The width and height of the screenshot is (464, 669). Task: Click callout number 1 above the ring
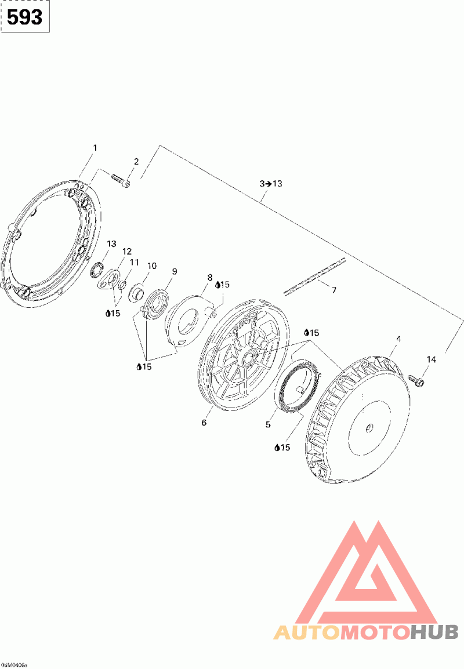pyautogui.click(x=95, y=148)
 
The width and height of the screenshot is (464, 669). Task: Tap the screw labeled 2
pyautogui.click(x=119, y=180)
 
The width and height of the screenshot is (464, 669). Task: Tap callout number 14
pyautogui.click(x=430, y=360)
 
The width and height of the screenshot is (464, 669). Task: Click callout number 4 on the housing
pyautogui.click(x=398, y=339)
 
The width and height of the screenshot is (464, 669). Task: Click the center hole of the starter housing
pyautogui.click(x=369, y=428)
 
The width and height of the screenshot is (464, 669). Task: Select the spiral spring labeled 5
pyautogui.click(x=296, y=386)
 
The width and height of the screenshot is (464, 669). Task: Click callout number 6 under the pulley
pyautogui.click(x=204, y=423)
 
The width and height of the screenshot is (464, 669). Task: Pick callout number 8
pyautogui.click(x=210, y=278)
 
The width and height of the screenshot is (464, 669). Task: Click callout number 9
pyautogui.click(x=174, y=271)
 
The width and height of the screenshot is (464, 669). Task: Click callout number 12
pyautogui.click(x=127, y=252)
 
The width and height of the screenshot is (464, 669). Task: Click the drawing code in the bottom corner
pyautogui.click(x=14, y=664)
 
